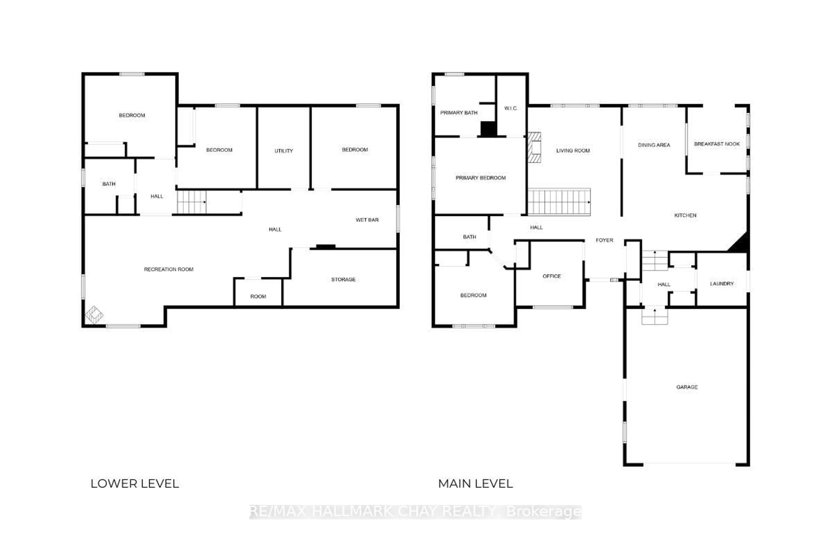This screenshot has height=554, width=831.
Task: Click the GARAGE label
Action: tap(687, 387)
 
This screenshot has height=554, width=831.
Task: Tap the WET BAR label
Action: tap(367, 220)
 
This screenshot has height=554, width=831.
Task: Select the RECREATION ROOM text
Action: tap(169, 269)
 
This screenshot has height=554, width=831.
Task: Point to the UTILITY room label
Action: tap(284, 151)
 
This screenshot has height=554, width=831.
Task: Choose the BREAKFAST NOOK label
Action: tap(717, 144)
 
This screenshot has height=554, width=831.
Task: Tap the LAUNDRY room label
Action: tap(722, 283)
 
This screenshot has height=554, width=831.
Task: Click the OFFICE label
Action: tap(552, 276)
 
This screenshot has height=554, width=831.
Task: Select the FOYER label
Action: tap(604, 240)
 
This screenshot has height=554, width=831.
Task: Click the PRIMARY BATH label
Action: tap(459, 112)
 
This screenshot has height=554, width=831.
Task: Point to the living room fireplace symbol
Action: tap(534, 147)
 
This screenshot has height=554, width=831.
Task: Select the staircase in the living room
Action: tap(559, 202)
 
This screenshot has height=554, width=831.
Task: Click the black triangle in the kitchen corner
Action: tap(739, 243)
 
